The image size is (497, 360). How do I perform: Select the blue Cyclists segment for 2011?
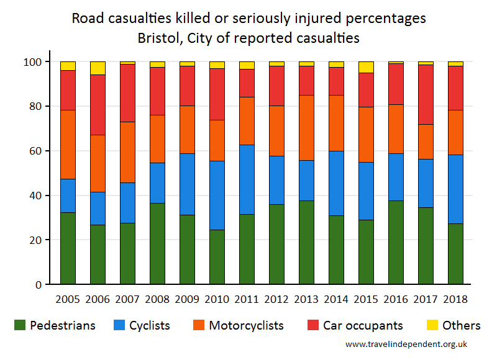[247, 179]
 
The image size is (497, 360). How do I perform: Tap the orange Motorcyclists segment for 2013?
[306, 127]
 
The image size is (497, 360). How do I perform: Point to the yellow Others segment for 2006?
[98, 68]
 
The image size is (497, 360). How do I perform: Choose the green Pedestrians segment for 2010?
[217, 257]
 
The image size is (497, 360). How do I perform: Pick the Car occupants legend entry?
[355, 325]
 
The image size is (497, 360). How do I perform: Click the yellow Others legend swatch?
[434, 325]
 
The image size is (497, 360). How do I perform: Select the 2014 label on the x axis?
[336, 299]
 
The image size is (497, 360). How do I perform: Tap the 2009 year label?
[187, 299]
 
